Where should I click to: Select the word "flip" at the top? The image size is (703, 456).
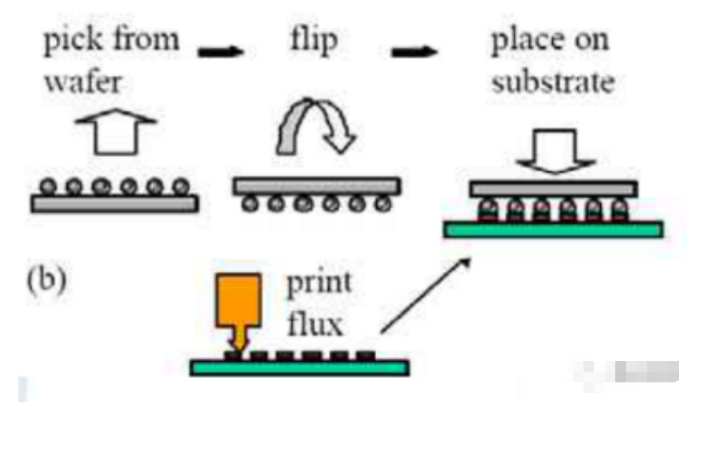pos(313,41)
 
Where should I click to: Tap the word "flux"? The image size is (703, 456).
pos(315,324)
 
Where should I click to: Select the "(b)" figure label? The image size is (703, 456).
pos(47,280)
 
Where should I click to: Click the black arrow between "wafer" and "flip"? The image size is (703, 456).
pos(221,51)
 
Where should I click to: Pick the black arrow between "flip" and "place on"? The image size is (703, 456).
pos(415,51)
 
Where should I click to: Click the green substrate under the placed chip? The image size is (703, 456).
pos(553,229)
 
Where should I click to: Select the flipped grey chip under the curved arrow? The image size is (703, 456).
pos(317,186)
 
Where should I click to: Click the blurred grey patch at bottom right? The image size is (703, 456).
pos(633,372)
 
